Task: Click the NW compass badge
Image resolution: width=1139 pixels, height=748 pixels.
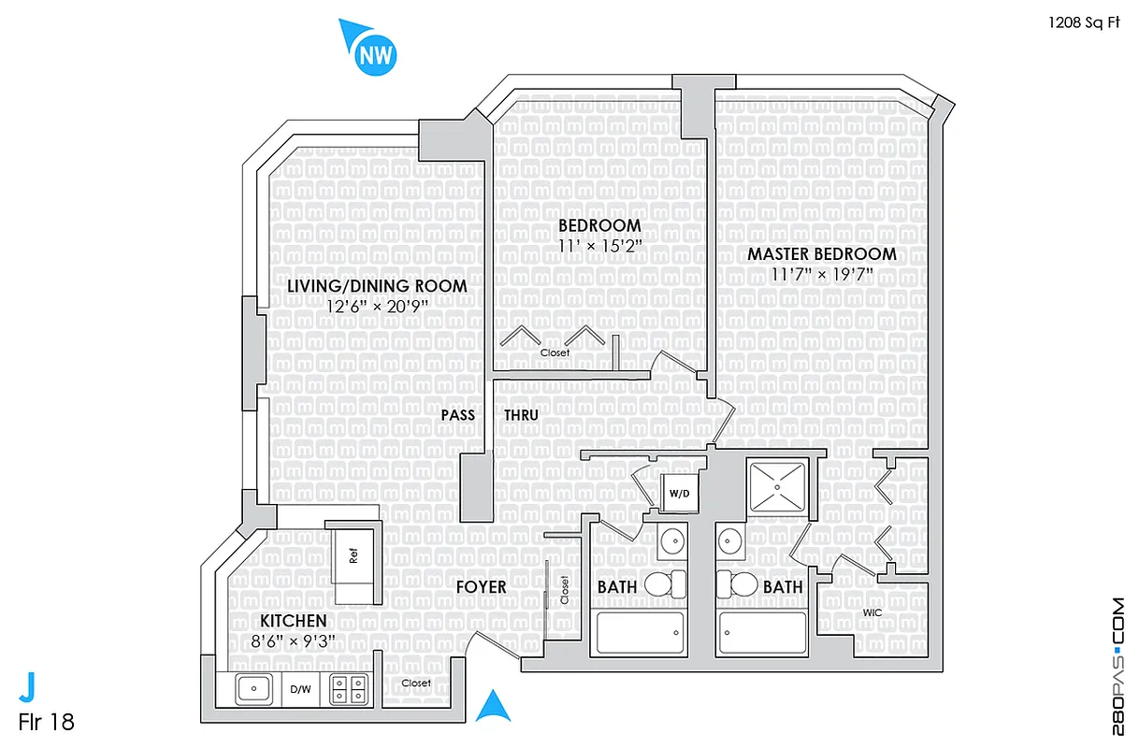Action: [x=376, y=54]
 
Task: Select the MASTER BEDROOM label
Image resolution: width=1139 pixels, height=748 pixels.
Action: [x=821, y=253]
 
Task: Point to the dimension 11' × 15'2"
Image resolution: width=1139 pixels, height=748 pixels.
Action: [x=599, y=247]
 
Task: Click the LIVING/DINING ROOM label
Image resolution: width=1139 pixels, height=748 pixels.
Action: [x=377, y=285]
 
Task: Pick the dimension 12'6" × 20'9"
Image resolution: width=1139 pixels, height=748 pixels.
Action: [x=377, y=306]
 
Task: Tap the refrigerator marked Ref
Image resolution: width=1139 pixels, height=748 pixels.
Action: [x=354, y=555]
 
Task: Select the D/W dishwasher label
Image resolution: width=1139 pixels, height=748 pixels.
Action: [x=300, y=691]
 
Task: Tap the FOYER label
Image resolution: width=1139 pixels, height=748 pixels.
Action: [x=481, y=587]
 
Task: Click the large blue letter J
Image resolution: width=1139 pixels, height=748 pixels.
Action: [x=29, y=687]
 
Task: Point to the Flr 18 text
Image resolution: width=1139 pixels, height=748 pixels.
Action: [x=46, y=722]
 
